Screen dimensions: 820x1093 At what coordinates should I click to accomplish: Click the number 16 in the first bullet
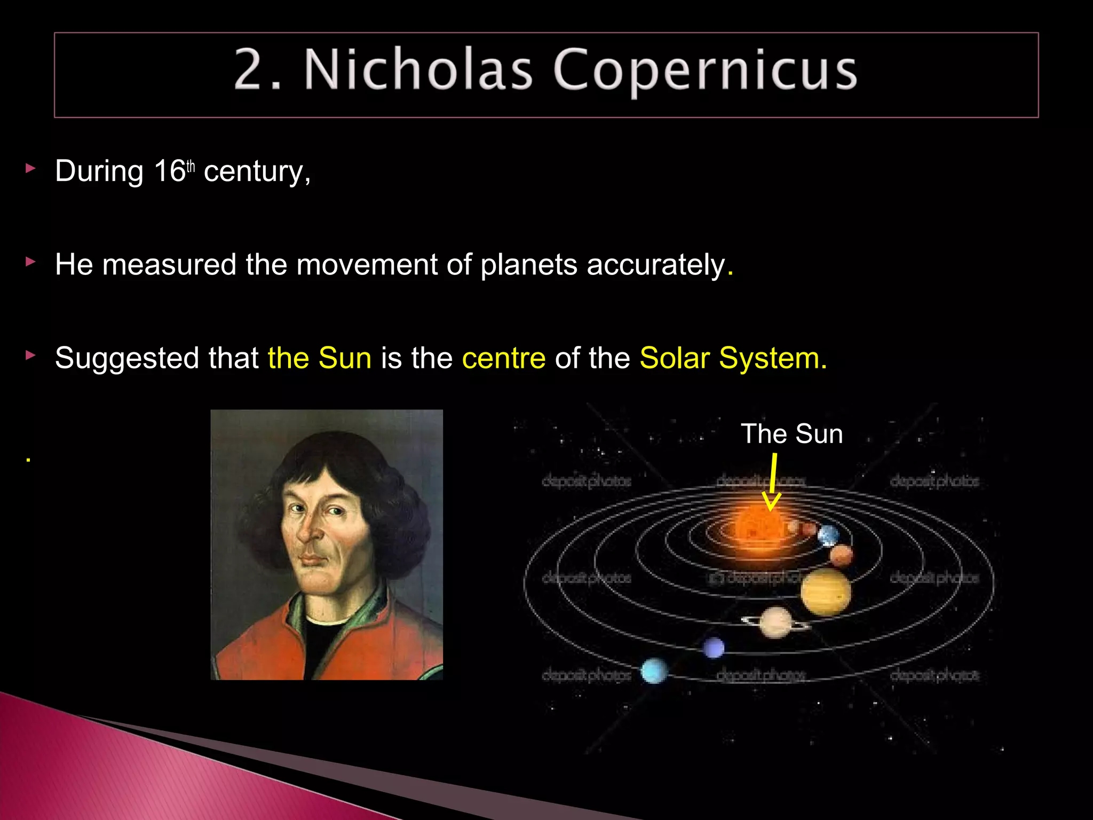coord(169,171)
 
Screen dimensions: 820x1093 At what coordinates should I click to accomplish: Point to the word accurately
coord(656,265)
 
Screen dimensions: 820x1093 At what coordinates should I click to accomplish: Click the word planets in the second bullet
coord(528,266)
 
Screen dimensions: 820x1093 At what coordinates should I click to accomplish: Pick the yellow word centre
coord(504,358)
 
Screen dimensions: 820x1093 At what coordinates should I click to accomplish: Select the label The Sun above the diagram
coord(791,433)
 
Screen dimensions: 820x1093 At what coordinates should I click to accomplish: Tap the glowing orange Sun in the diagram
coord(758,526)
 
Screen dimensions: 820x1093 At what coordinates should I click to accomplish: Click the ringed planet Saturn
coord(775,621)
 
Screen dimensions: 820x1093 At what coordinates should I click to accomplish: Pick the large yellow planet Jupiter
coord(825,591)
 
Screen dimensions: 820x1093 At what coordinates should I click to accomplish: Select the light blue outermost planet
coord(654,671)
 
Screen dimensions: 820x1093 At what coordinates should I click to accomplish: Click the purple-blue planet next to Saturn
coord(714,648)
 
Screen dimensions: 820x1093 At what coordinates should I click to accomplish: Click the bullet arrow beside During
coord(30,169)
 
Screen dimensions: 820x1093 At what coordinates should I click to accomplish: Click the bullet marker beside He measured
coord(30,262)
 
